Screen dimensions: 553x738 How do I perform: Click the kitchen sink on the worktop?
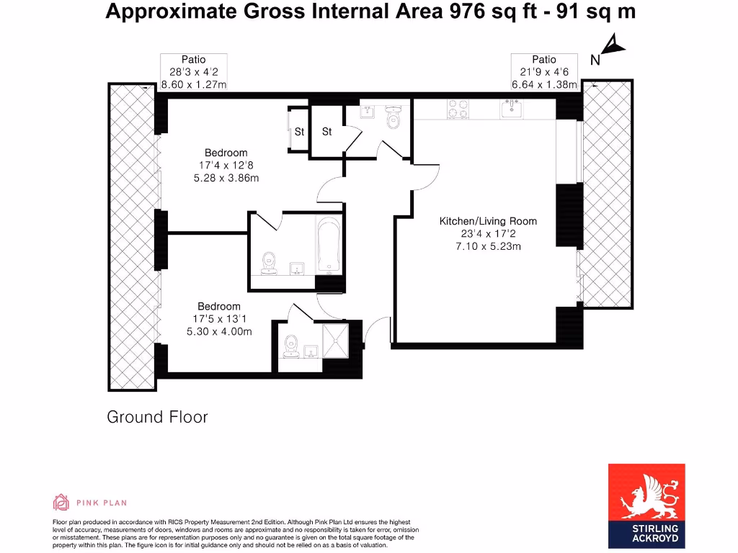(512, 108)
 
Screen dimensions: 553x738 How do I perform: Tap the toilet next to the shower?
(291, 345)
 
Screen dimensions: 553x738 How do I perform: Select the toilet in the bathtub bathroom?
(269, 264)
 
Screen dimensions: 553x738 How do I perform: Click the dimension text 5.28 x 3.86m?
(226, 178)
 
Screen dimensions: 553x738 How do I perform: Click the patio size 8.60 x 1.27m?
(194, 84)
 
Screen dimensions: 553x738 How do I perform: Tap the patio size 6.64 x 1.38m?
(544, 84)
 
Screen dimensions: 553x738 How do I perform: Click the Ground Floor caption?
(157, 417)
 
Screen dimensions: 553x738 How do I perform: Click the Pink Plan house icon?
(61, 502)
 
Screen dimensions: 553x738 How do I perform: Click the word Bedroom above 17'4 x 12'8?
(226, 153)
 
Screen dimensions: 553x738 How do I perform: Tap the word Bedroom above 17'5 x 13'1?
(219, 306)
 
